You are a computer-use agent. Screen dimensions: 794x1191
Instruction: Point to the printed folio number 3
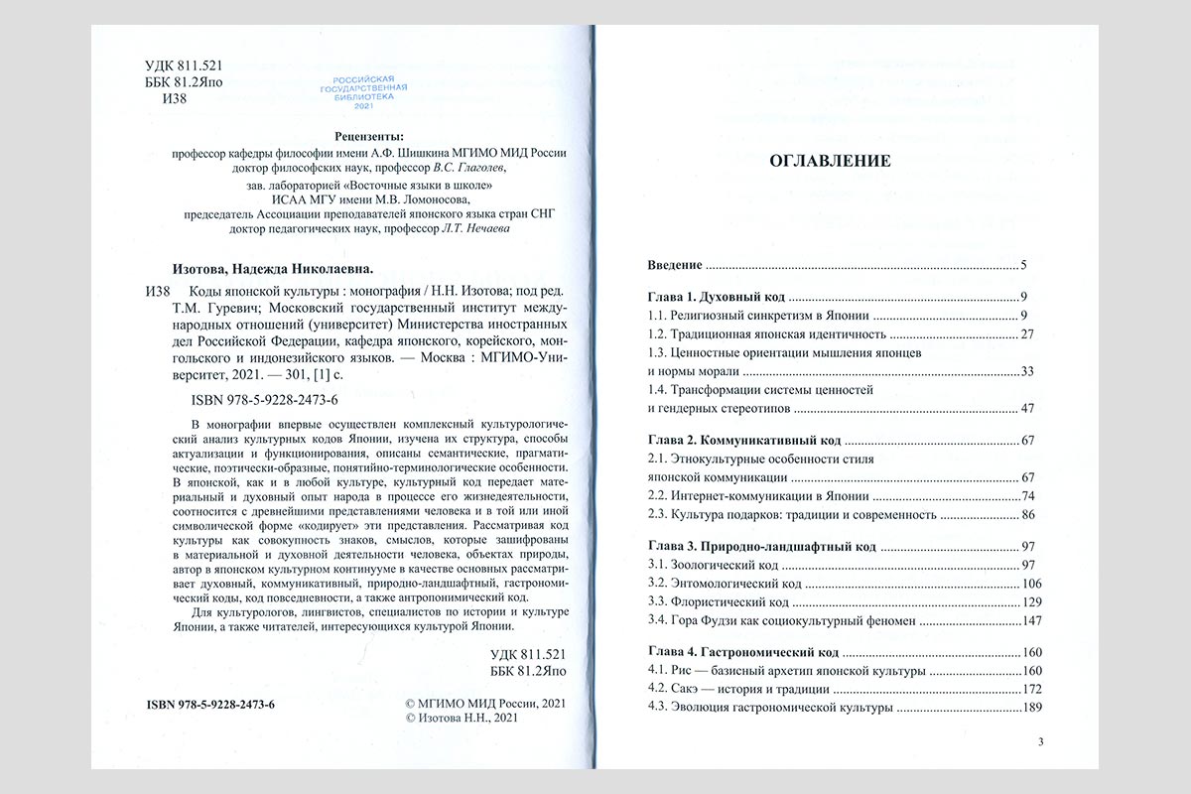(1040, 741)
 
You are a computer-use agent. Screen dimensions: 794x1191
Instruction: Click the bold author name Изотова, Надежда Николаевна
(266, 269)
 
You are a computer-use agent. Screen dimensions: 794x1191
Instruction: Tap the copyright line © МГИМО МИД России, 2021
(485, 704)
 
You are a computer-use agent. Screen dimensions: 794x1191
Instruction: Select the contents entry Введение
(675, 266)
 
